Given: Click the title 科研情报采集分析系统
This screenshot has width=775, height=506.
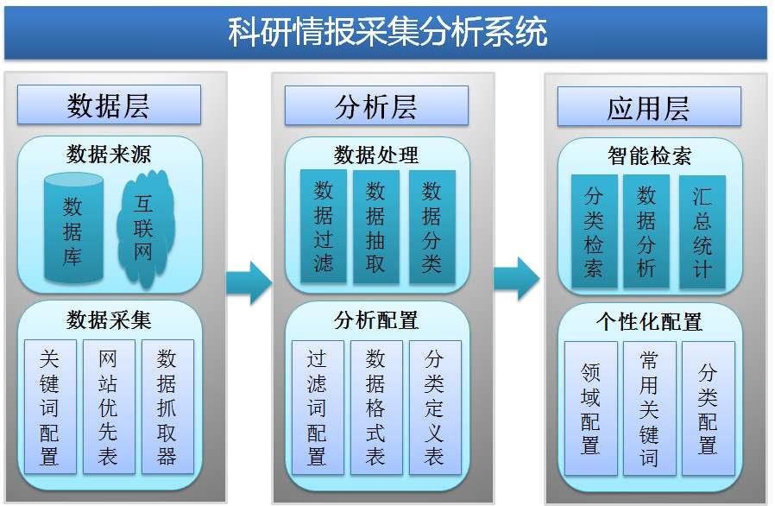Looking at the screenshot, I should pos(387,33).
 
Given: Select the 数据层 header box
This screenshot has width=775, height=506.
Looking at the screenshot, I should pos(108,105).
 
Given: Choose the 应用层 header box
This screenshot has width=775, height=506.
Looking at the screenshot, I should pos(648,108).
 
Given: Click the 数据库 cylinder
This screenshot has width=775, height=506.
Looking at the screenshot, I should pos(72,230).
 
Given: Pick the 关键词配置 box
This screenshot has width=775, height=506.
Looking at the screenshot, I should pos(50,406).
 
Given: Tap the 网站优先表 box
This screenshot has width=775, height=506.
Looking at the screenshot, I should pos(108,406).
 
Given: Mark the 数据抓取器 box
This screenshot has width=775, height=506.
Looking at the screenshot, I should pos(167,406).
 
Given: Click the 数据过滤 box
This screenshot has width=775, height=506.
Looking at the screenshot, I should pos(323,226).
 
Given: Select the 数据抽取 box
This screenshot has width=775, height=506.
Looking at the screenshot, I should pos(375,226).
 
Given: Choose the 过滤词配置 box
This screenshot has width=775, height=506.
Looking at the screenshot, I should pos(318,408).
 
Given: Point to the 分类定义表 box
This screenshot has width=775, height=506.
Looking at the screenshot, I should pos(434,408).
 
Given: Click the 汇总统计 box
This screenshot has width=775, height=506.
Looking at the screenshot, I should pos(703,231).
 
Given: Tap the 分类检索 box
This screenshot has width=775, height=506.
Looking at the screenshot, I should pos(594,231).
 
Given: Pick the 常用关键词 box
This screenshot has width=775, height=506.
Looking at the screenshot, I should pos(649,408).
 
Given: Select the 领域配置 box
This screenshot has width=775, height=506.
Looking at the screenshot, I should pos(590,408).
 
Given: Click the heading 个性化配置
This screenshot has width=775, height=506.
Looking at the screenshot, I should pos(649,322).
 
